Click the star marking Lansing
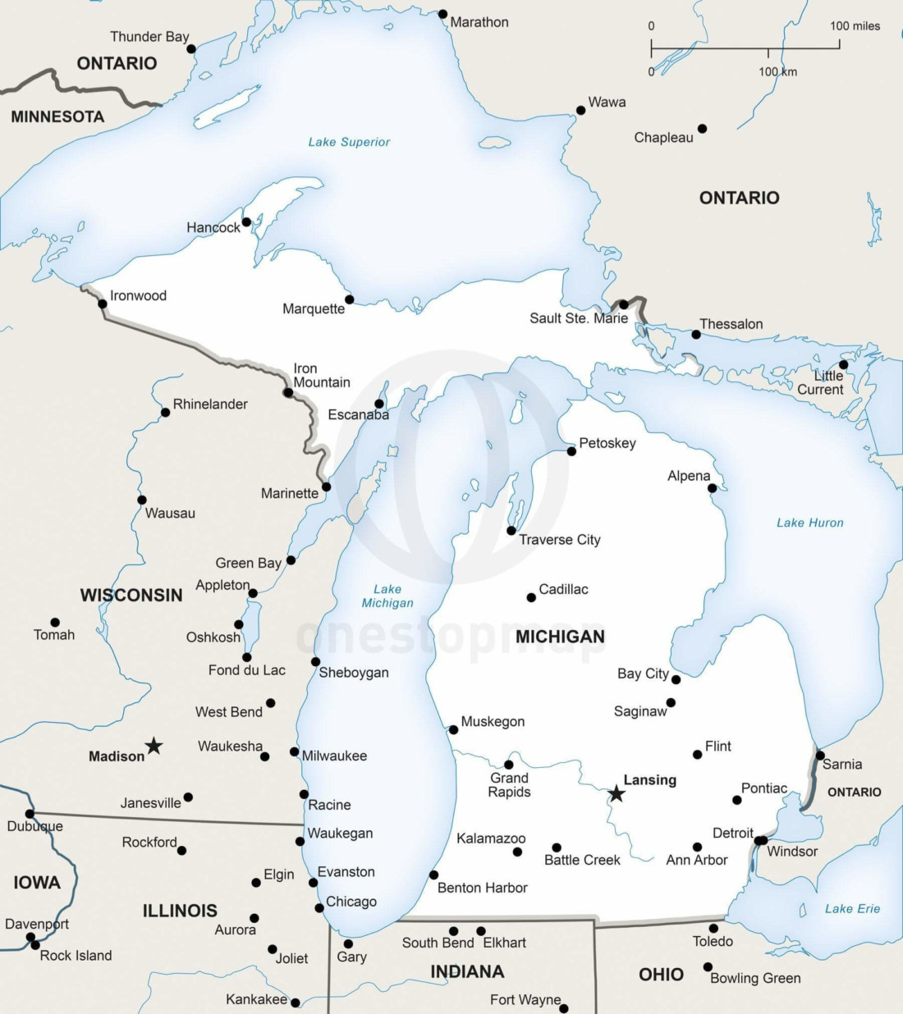616,793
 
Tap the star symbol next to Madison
154,746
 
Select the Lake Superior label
349,142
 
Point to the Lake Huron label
809,523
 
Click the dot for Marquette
349,299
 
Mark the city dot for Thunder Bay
191,49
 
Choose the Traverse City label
559,540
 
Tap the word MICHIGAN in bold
560,637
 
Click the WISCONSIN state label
131,596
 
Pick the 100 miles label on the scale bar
855,26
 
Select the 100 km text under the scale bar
777,71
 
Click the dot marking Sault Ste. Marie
623,304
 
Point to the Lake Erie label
852,909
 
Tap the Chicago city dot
319,907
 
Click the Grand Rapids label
509,785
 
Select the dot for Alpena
712,488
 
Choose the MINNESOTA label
57,117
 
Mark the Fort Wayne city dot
563,1008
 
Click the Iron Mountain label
321,376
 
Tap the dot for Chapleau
702,129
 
